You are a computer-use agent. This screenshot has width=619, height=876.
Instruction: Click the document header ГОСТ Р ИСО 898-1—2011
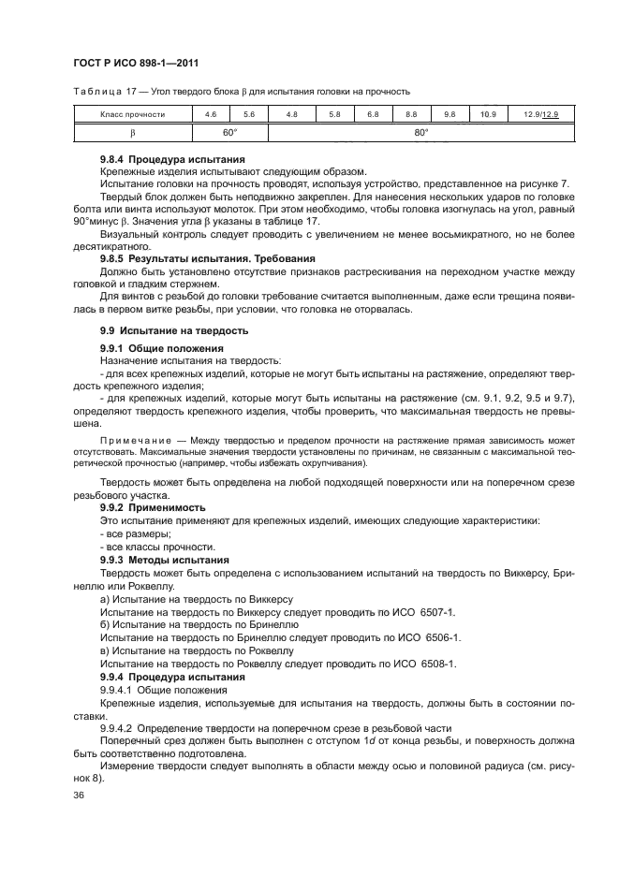tap(136, 64)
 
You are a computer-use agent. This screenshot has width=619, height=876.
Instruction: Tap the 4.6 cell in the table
tap(211, 114)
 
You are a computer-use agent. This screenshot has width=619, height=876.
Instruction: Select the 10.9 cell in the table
tap(487, 114)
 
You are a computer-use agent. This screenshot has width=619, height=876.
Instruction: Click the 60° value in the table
tap(229, 133)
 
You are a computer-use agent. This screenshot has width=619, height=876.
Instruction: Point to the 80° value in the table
tap(421, 133)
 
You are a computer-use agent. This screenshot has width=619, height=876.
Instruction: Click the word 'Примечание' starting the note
tap(130, 439)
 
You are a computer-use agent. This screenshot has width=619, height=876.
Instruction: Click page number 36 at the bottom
tap(79, 796)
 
